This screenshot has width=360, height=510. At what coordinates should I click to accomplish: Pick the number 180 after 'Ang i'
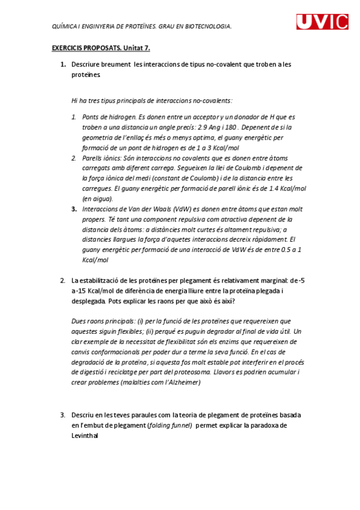click(231, 127)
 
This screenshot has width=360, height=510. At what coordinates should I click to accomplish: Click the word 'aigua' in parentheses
click(102, 198)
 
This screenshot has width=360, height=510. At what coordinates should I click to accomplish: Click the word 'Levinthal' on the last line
click(84, 435)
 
